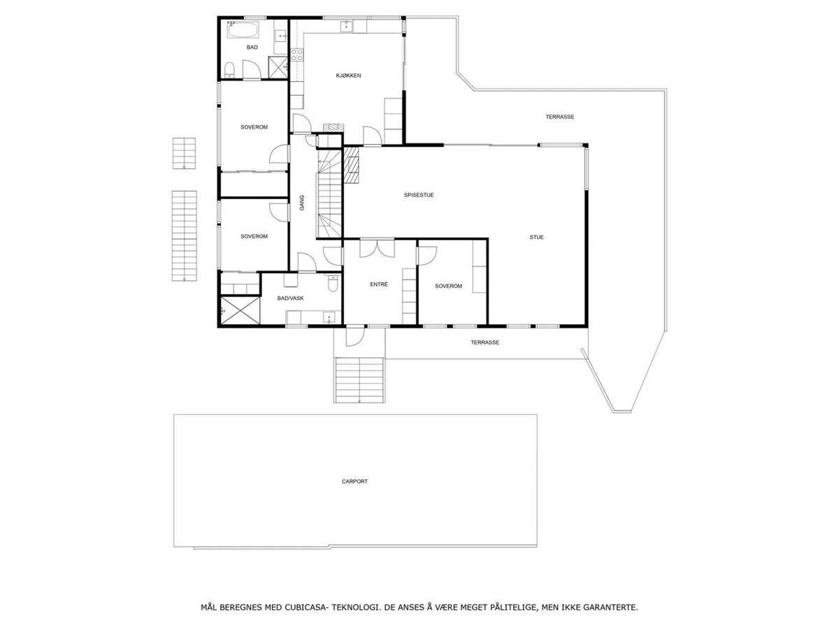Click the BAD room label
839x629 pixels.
(x=252, y=48)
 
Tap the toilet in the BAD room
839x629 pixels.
(x=229, y=68)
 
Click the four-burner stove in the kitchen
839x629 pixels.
(x=296, y=55)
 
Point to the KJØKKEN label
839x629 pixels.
(x=347, y=75)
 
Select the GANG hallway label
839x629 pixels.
(x=303, y=203)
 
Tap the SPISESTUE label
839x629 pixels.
(x=419, y=195)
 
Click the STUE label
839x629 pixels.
(x=536, y=237)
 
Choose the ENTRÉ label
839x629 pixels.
(x=378, y=284)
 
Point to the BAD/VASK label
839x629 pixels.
(x=290, y=298)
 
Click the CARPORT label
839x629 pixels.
(x=354, y=482)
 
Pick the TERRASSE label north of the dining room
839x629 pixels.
(x=559, y=117)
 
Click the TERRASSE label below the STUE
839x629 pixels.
(x=485, y=342)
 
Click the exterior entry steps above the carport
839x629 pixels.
(x=359, y=379)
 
